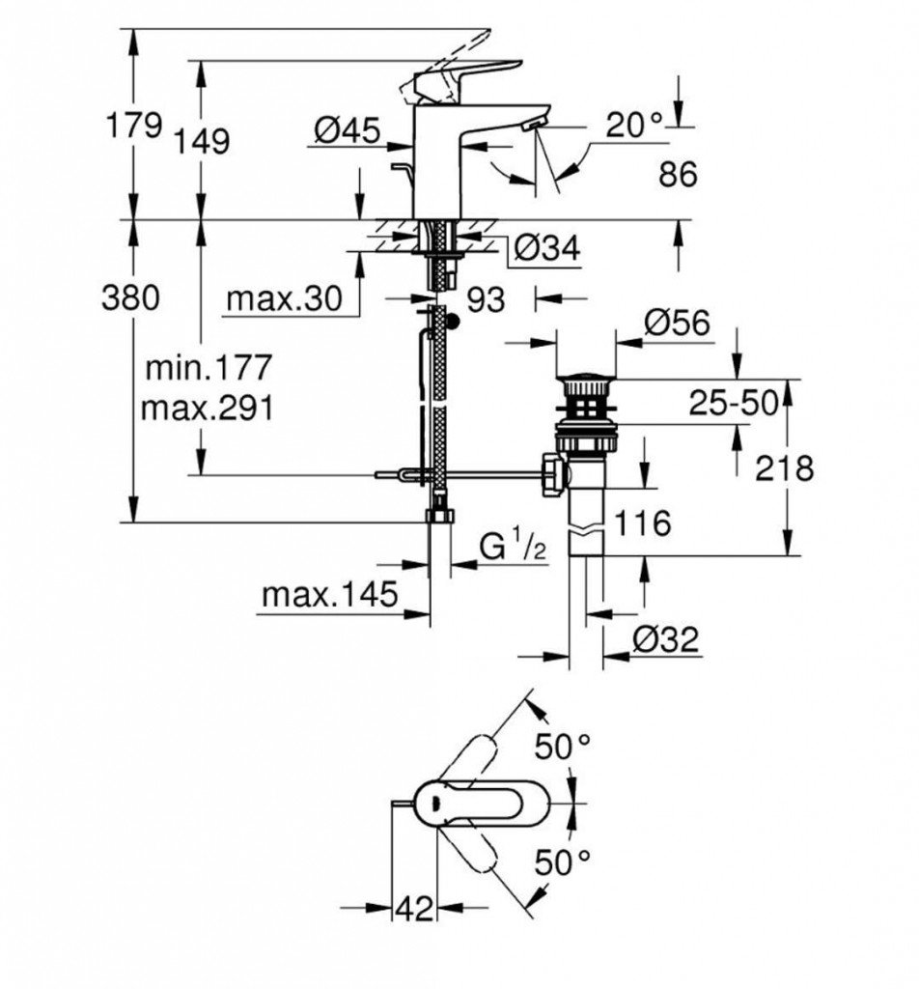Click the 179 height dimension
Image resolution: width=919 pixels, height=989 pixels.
132,125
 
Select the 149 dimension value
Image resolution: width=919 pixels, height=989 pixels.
204,142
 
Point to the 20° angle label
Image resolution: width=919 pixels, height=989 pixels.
635,124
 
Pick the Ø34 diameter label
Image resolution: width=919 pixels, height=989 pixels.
546,249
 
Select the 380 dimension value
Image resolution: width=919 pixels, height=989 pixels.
130,298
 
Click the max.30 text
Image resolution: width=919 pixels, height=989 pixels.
285,300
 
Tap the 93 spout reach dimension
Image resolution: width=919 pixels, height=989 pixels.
487,300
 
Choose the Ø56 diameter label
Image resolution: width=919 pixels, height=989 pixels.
677,324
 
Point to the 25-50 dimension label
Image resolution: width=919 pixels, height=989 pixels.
733,405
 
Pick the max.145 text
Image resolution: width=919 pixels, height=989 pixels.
329,596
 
